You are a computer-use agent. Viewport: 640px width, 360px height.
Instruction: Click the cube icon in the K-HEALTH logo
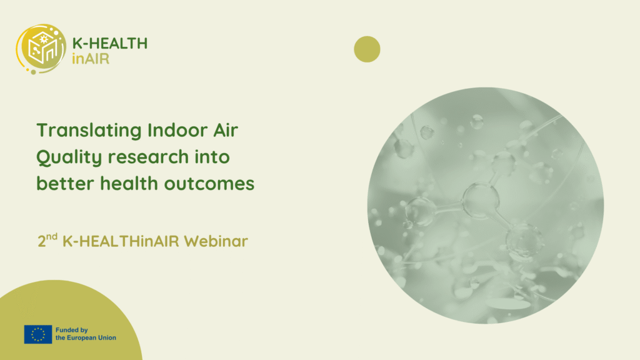click(x=42, y=48)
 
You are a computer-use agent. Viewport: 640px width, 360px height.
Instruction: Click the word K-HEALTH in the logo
click(x=110, y=43)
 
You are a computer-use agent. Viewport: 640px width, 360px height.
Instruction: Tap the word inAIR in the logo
click(x=91, y=59)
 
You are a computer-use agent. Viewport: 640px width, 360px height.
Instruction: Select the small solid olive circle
click(x=367, y=49)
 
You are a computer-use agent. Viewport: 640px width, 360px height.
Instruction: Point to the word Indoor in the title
click(x=177, y=130)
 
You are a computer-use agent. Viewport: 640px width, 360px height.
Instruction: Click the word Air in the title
click(x=226, y=130)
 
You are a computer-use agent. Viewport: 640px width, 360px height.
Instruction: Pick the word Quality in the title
click(x=69, y=157)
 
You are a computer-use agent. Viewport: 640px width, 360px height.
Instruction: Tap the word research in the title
click(x=148, y=157)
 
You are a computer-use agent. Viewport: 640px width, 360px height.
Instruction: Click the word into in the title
click(x=212, y=157)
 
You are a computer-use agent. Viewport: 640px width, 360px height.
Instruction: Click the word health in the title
click(x=129, y=183)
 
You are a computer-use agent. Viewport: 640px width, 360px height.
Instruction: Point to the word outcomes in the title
click(x=209, y=184)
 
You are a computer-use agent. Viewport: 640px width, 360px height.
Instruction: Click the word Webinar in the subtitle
click(x=216, y=241)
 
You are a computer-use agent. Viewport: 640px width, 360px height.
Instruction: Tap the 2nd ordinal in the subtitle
click(x=47, y=241)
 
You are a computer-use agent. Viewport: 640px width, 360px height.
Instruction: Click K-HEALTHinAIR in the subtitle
click(x=121, y=241)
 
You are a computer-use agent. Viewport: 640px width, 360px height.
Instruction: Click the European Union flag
click(x=38, y=334)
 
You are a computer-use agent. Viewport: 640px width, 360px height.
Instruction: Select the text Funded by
click(x=72, y=330)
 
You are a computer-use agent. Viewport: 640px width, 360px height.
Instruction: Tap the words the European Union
click(x=86, y=338)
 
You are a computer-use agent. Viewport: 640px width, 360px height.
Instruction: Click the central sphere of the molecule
click(x=481, y=200)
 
